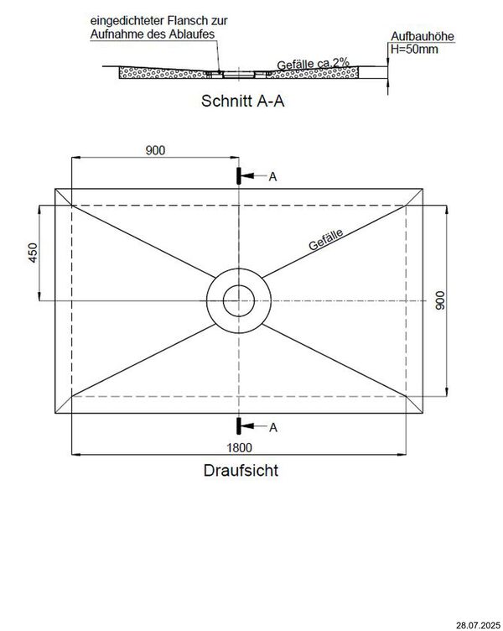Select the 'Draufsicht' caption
point(241,471)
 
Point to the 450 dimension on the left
point(33,252)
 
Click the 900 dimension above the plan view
point(155,150)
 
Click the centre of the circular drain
point(240,300)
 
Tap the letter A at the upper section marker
point(272,176)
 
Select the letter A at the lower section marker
point(272,427)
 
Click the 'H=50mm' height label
point(411,50)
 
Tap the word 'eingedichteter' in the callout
point(126,18)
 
